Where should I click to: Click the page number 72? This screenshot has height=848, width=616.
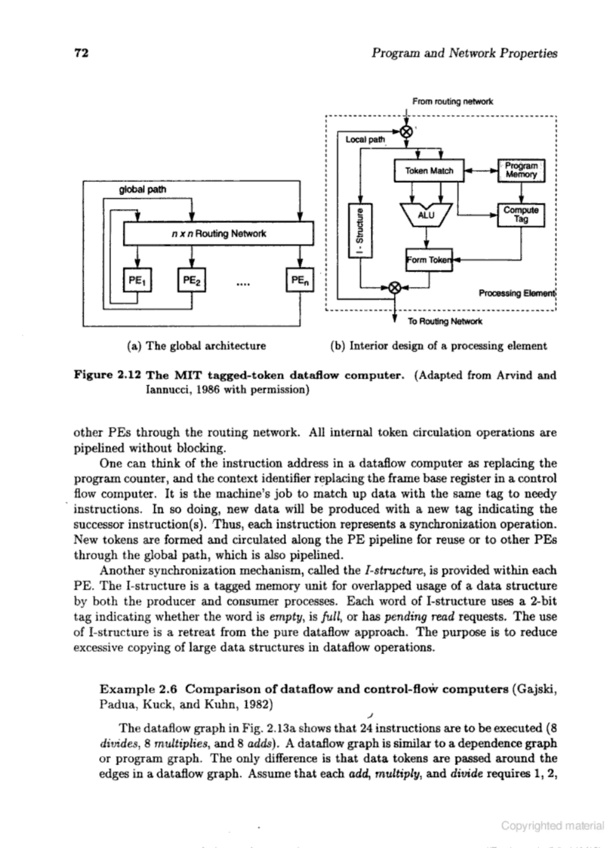[82, 53]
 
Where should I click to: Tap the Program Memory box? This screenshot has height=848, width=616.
[521, 171]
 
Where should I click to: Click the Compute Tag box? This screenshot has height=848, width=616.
[521, 215]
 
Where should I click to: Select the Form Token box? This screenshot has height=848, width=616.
[429, 260]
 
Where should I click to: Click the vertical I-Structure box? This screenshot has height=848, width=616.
[360, 231]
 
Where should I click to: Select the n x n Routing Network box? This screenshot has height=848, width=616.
[219, 234]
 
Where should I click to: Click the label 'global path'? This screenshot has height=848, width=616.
[142, 190]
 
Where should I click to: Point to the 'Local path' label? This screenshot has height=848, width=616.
[365, 139]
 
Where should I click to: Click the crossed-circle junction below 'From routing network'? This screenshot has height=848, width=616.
[406, 132]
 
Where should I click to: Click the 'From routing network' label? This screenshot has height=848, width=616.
[452, 101]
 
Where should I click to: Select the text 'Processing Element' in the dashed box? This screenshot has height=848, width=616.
[517, 293]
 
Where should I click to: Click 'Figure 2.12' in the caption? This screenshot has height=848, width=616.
[107, 375]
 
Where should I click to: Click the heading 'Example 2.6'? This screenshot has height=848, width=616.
[138, 689]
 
